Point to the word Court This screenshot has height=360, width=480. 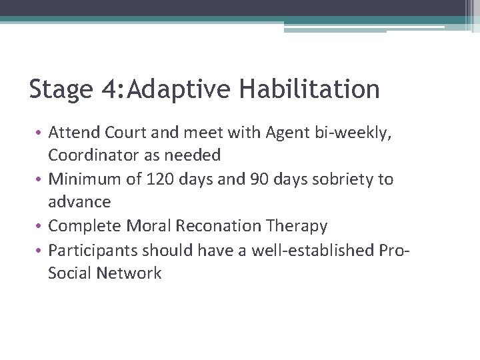(x=123, y=133)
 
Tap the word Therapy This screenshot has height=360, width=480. (x=297, y=226)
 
